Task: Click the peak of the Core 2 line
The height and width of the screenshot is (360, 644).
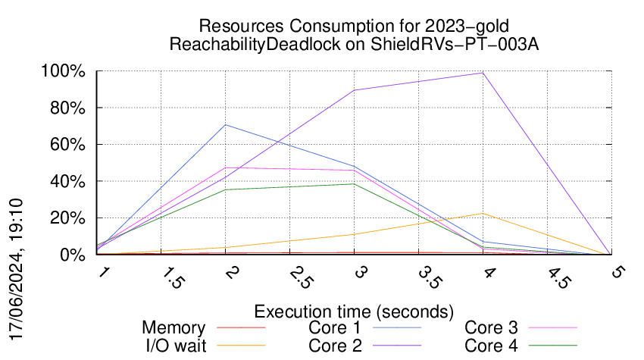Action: click(x=483, y=74)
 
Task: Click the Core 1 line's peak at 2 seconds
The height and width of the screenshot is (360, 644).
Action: click(x=226, y=125)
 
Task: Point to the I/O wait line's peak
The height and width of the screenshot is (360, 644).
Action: click(x=483, y=213)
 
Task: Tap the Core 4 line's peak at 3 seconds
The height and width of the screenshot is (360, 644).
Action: click(x=354, y=183)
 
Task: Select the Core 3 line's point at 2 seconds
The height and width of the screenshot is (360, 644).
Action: click(x=226, y=167)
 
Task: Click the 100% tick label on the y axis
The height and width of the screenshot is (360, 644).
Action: click(x=63, y=71)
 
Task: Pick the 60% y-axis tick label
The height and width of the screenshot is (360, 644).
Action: click(x=67, y=145)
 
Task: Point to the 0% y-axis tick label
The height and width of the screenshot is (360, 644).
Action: click(x=73, y=255)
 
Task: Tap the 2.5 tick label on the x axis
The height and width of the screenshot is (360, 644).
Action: click(x=302, y=277)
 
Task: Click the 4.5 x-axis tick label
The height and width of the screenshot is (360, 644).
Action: click(x=559, y=277)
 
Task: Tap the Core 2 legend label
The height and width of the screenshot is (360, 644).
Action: click(x=335, y=346)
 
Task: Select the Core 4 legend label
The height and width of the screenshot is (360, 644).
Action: click(x=491, y=346)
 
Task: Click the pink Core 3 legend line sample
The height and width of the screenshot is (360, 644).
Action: click(x=553, y=327)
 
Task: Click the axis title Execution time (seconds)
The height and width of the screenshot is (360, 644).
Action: click(x=354, y=311)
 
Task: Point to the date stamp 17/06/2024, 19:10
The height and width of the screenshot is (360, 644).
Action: click(x=16, y=269)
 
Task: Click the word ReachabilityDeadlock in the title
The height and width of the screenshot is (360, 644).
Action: click(x=255, y=44)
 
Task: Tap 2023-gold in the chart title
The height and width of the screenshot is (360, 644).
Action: click(x=467, y=26)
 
